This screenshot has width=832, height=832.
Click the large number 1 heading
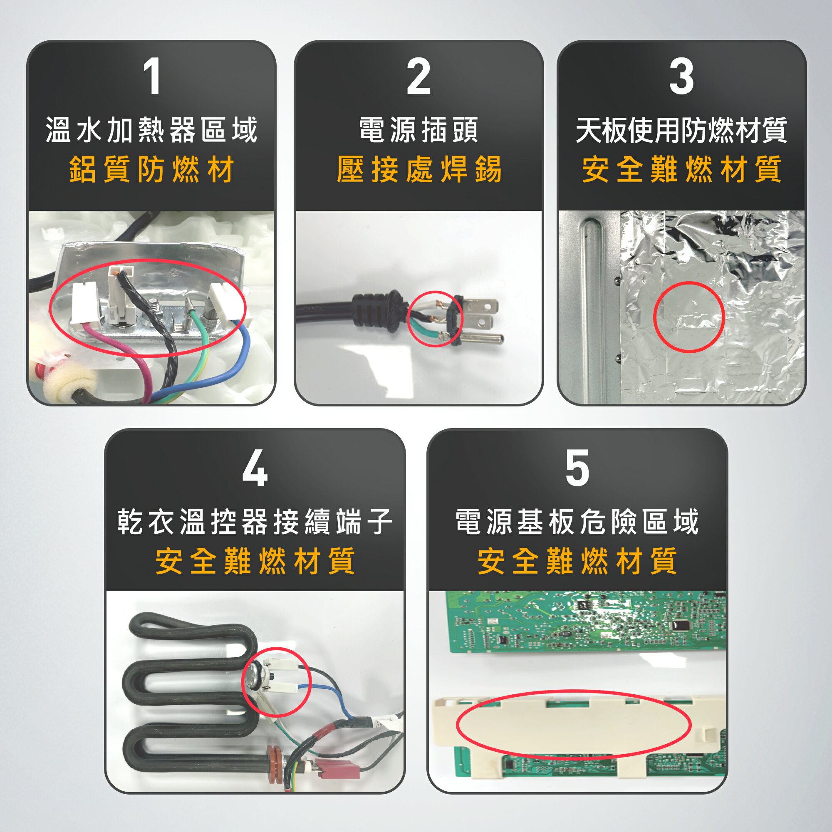[151, 77]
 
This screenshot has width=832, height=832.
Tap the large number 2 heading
[418, 77]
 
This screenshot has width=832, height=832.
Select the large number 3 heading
[681, 77]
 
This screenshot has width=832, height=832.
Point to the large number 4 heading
[255, 468]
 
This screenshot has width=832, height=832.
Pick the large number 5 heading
[577, 468]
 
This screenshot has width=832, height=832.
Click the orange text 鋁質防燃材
[151, 169]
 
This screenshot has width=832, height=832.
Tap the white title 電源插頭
[418, 130]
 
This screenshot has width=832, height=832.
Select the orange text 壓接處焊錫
[418, 169]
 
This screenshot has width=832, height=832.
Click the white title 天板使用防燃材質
[681, 130]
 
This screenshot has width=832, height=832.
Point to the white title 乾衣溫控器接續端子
[255, 522]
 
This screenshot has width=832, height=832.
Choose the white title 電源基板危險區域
[577, 522]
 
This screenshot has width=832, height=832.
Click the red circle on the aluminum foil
[688, 317]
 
